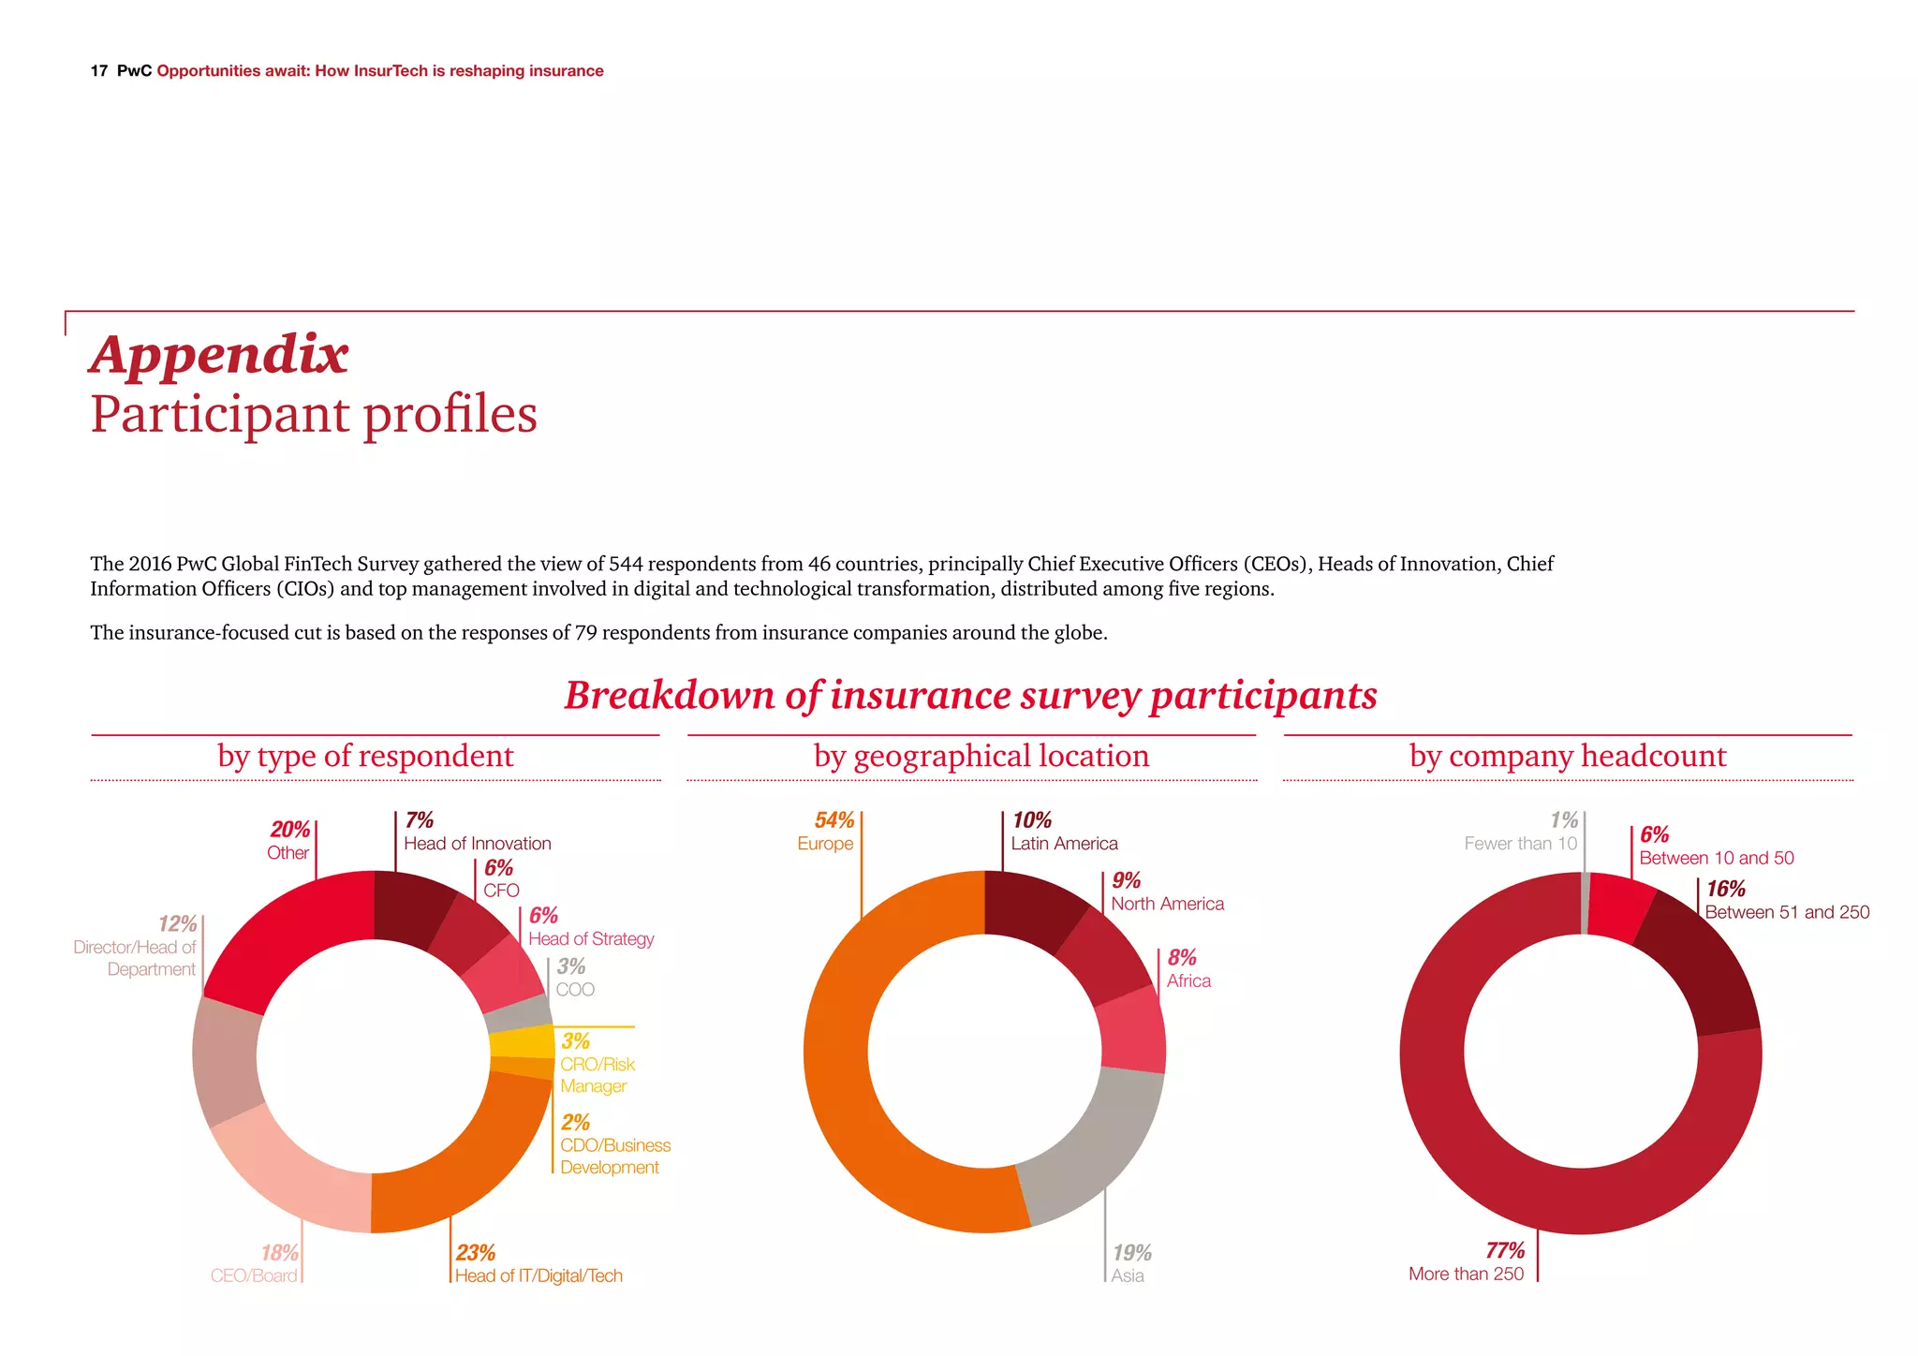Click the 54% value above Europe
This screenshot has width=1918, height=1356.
click(x=834, y=820)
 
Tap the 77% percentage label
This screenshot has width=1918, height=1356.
click(x=1504, y=1250)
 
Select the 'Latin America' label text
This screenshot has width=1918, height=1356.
click(x=1064, y=844)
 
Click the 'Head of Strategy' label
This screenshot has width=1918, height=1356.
click(x=591, y=939)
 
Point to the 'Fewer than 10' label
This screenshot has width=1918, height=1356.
click(x=1520, y=844)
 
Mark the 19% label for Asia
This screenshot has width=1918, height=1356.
click(x=1131, y=1253)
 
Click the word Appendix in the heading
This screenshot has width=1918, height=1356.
click(x=219, y=356)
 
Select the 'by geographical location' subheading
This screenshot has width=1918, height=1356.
click(x=981, y=757)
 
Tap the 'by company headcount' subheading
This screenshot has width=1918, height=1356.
click(x=1567, y=757)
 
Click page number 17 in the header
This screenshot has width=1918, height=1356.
click(x=99, y=71)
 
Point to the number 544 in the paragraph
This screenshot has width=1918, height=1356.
click(x=626, y=564)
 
